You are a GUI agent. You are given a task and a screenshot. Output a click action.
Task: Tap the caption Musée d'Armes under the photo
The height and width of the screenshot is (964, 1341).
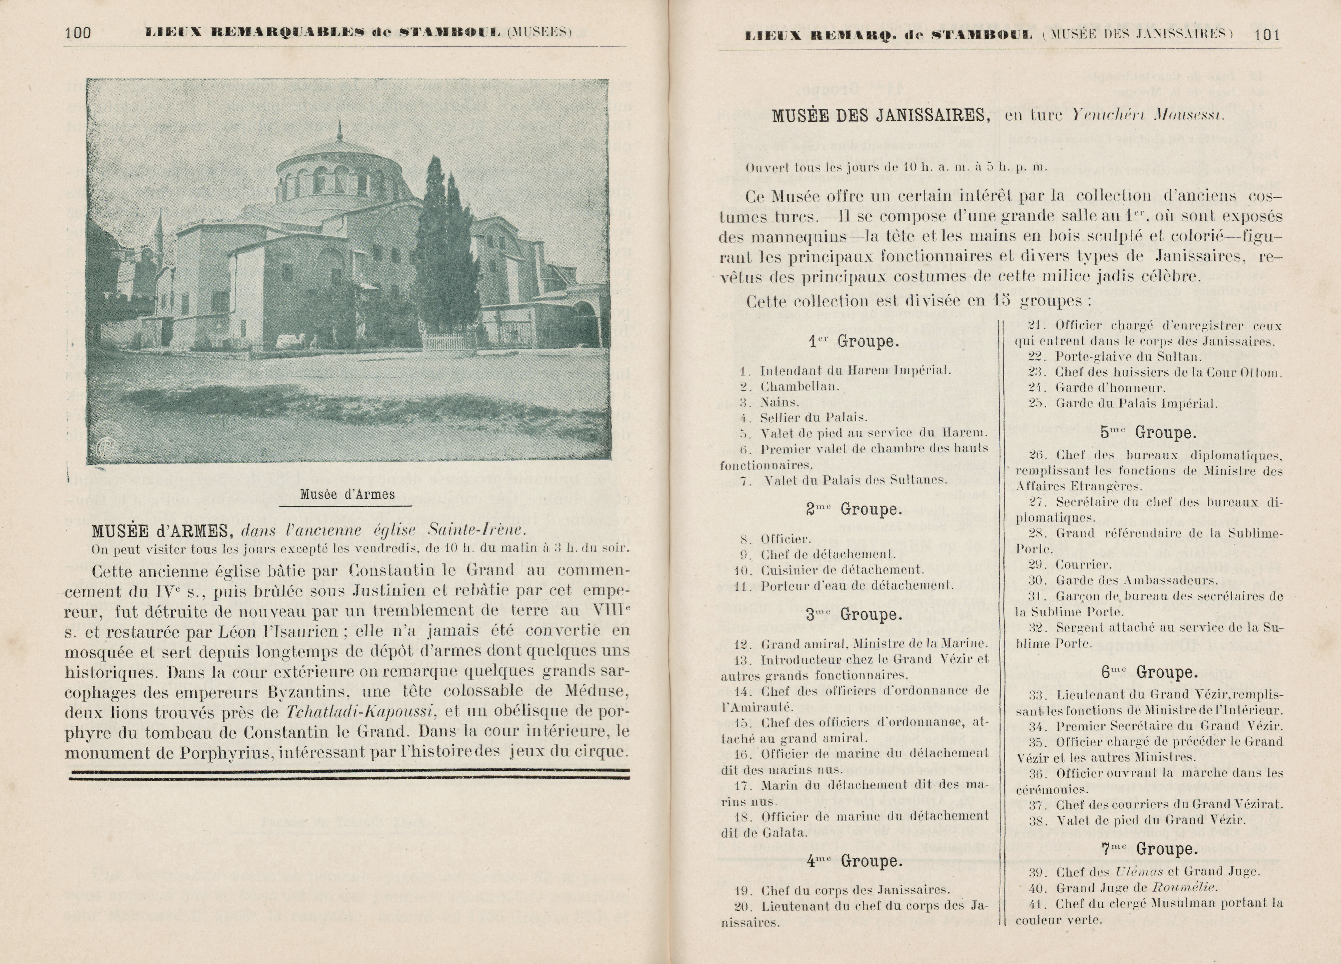(347, 494)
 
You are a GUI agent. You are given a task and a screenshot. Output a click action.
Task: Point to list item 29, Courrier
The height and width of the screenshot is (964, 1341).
(1083, 564)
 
